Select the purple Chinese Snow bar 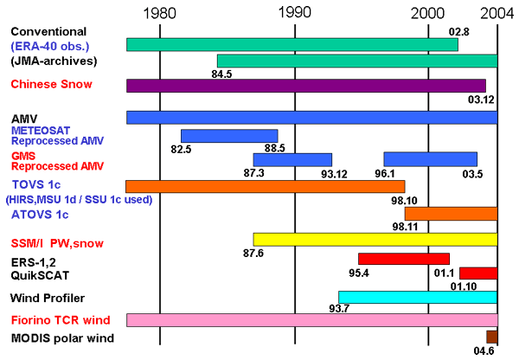click(305, 86)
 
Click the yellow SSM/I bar click(375, 239)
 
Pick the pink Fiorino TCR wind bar click(311, 320)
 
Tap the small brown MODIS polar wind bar click(492, 337)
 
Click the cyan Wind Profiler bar click(418, 297)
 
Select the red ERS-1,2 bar click(404, 259)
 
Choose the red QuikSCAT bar click(478, 273)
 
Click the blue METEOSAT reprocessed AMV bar click(229, 136)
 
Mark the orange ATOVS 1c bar click(451, 213)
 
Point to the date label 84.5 click(222, 74)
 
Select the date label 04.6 click(486, 351)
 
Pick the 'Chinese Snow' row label click(51, 85)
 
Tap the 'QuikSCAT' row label click(40, 275)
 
